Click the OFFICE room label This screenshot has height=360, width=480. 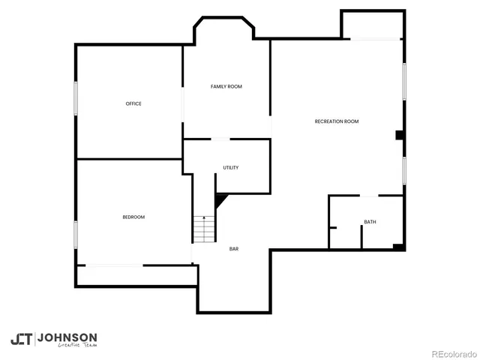click(133, 103)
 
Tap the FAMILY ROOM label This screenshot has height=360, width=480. click(226, 87)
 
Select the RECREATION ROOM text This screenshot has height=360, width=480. click(337, 121)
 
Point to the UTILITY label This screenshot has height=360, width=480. click(231, 167)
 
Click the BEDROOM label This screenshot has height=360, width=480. click(133, 217)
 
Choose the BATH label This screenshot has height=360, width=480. click(370, 222)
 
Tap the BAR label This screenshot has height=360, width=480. click(234, 249)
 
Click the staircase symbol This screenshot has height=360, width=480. click(204, 228)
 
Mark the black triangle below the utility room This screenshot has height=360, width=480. click(221, 200)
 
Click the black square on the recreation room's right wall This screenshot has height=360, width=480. click(400, 136)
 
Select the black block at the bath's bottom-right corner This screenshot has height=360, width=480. click(399, 246)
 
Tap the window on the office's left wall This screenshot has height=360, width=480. click(76, 98)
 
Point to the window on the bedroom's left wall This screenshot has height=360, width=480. click(76, 233)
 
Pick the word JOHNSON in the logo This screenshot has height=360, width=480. click(67, 337)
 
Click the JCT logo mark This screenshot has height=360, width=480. click(21, 339)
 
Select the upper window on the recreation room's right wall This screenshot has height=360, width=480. click(404, 80)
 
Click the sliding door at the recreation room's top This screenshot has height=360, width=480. click(375, 39)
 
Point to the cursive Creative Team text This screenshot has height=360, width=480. click(78, 346)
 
